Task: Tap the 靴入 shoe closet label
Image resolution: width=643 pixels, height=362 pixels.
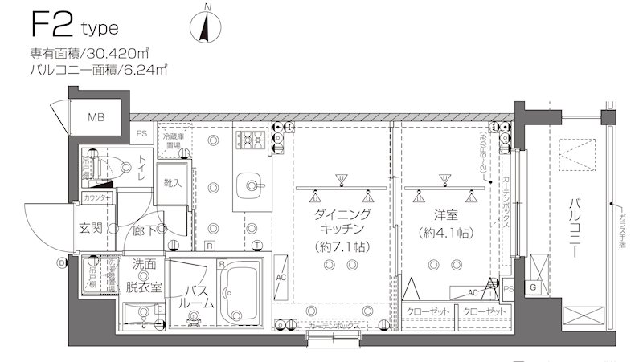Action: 173,183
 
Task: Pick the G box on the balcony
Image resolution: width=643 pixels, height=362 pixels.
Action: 532,287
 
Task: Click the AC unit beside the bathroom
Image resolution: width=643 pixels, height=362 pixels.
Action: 282,277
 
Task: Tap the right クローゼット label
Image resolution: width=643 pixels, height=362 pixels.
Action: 485,311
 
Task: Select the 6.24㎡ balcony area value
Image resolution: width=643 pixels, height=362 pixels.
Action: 145,70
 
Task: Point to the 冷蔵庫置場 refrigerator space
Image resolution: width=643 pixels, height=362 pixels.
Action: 172,140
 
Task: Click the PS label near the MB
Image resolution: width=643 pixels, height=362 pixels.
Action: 141,133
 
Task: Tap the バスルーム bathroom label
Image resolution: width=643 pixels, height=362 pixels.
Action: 196,296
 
